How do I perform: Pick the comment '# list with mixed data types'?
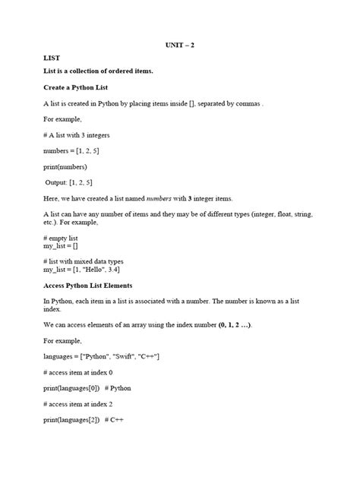[85, 261]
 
